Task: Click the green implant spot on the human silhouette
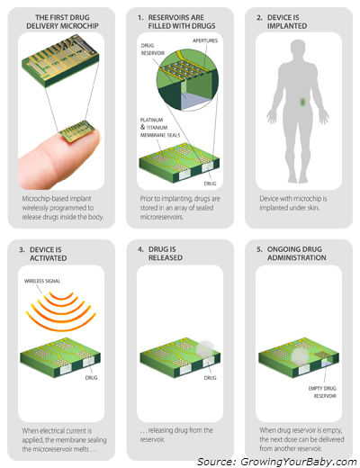click(x=302, y=102)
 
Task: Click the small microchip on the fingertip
click(x=76, y=131)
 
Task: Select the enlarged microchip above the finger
click(x=60, y=60)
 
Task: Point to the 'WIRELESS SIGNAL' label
click(x=42, y=281)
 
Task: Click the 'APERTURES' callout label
click(x=205, y=40)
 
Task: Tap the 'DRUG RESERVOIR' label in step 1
click(x=153, y=49)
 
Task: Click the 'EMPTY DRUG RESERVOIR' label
click(x=322, y=391)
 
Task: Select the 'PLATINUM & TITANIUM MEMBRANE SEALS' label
click(x=160, y=128)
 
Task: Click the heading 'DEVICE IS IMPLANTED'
click(x=287, y=22)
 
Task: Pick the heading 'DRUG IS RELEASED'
click(x=166, y=254)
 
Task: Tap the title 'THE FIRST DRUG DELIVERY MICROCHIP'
click(x=62, y=22)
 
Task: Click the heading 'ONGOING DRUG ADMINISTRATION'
click(x=296, y=254)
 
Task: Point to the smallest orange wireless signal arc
click(x=61, y=298)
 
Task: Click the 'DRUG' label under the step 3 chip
click(x=91, y=378)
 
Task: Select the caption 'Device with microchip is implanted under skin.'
click(x=293, y=203)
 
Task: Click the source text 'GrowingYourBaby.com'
click(x=298, y=462)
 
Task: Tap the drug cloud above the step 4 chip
click(x=204, y=347)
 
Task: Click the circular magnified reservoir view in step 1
click(x=188, y=80)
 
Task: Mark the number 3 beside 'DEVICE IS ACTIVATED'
click(x=22, y=249)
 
